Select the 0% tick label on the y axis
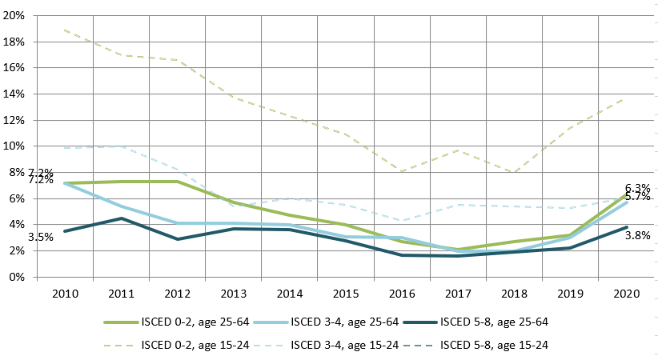click(18, 278)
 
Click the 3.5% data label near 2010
click(41, 237)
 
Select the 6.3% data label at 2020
click(637, 188)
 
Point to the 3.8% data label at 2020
click(637, 235)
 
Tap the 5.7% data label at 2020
click(637, 197)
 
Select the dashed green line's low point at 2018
click(512, 173)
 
